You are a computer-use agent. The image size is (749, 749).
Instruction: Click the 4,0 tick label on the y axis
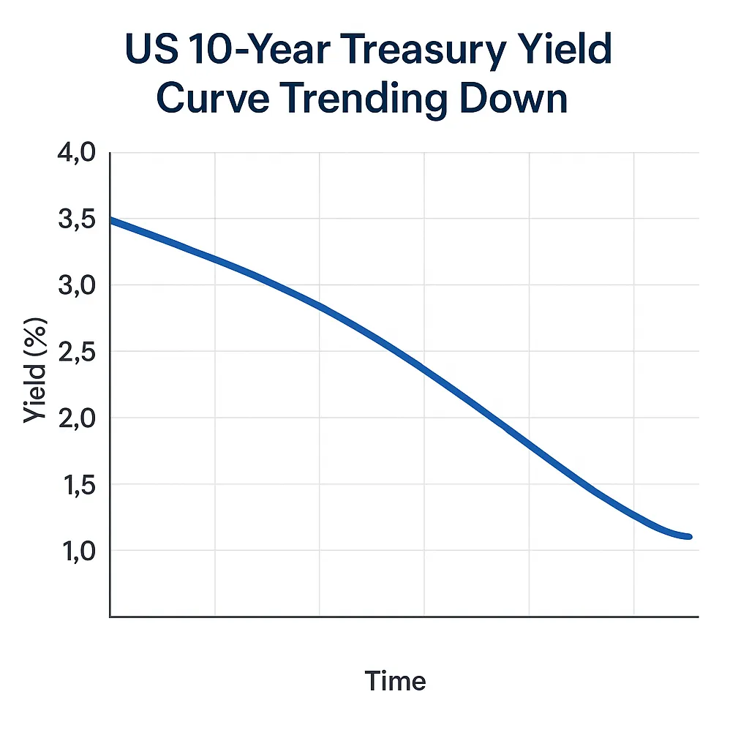pos(76,154)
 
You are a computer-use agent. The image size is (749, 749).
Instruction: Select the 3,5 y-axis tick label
pos(77,219)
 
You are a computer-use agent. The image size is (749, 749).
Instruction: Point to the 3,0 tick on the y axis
pos(77,286)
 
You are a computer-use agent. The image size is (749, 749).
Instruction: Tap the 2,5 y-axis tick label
pos(77,352)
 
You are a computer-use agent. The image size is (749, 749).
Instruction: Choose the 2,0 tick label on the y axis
pos(77,418)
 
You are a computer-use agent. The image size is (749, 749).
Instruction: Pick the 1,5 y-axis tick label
pos(79,485)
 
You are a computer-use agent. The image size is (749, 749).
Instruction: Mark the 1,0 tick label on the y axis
pos(79,552)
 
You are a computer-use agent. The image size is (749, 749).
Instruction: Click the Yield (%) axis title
pos(35,370)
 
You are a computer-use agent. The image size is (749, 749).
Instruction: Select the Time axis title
pos(395,681)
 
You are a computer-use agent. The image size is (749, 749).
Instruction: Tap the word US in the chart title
pos(152,49)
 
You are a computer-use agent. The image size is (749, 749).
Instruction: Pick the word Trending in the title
pos(366,100)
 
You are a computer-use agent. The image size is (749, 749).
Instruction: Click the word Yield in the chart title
pos(565,49)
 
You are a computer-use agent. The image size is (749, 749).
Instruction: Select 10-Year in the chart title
pos(260,49)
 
